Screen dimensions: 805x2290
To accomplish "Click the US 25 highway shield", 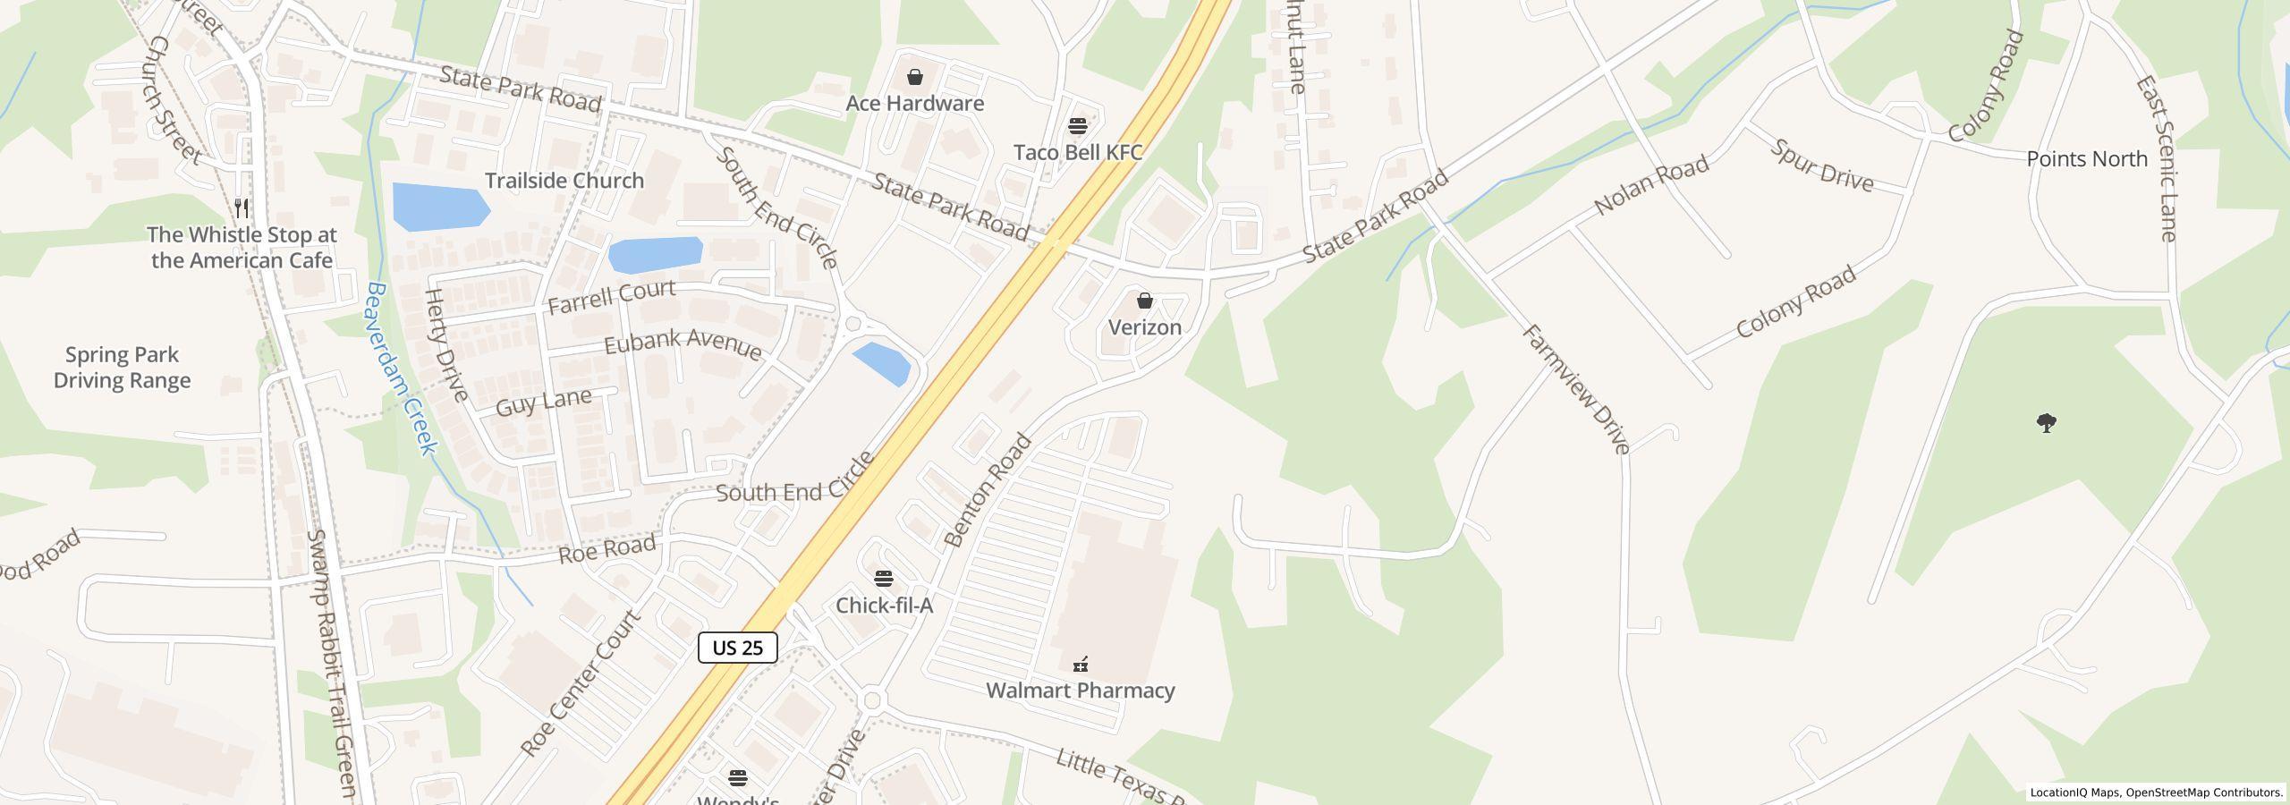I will (737, 648).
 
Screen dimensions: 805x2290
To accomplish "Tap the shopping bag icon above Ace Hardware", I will (914, 77).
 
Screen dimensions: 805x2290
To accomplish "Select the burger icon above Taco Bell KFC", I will (1077, 125).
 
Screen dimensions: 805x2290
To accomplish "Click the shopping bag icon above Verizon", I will (1144, 301).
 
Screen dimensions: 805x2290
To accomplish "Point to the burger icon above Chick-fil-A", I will (884, 578).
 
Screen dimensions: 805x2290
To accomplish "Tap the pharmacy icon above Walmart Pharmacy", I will (1081, 664).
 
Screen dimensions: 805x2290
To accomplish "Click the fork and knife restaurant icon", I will (242, 208).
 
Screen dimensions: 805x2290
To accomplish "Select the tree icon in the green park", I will (2046, 422).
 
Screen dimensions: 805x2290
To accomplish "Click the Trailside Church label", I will (564, 181).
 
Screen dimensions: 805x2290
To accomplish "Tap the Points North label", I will (2086, 159).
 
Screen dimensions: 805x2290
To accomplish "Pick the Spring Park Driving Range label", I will (122, 368).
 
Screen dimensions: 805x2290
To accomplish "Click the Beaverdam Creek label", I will (402, 369).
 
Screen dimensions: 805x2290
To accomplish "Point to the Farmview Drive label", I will (1576, 388).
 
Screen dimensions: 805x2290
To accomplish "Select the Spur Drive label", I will (1821, 165).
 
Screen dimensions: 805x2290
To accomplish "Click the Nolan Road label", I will (1651, 184).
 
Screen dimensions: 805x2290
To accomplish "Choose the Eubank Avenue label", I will (683, 343).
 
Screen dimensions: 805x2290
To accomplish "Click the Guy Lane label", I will (543, 402).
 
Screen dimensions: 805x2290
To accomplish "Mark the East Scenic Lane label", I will (2156, 159).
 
